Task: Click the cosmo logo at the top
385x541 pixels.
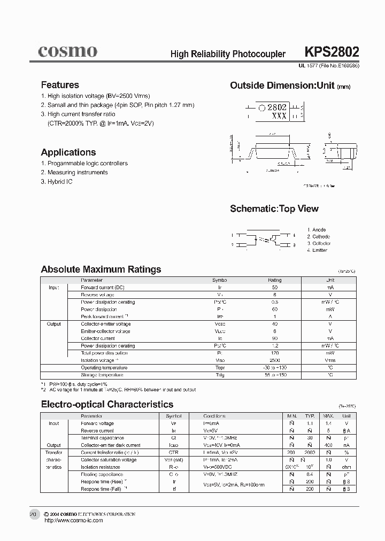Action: tap(67, 51)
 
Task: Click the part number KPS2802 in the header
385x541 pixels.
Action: tap(332, 52)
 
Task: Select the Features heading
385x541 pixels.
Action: tap(60, 85)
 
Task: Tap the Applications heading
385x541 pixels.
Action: tap(68, 152)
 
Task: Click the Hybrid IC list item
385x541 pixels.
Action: tap(57, 182)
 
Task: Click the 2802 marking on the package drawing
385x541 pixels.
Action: tap(277, 107)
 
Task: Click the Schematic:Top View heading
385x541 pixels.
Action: tap(274, 209)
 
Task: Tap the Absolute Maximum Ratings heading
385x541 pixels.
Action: tap(101, 269)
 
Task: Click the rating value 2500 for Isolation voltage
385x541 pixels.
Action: tap(274, 360)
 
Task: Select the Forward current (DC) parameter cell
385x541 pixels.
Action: tap(103, 288)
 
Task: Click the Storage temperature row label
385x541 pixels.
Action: tap(103, 375)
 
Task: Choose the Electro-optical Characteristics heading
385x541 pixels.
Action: tap(107, 405)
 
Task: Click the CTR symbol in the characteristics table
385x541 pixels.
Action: tap(174, 452)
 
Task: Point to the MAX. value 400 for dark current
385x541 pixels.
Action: tap(328, 445)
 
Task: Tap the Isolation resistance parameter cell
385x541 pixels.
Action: tap(101, 467)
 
